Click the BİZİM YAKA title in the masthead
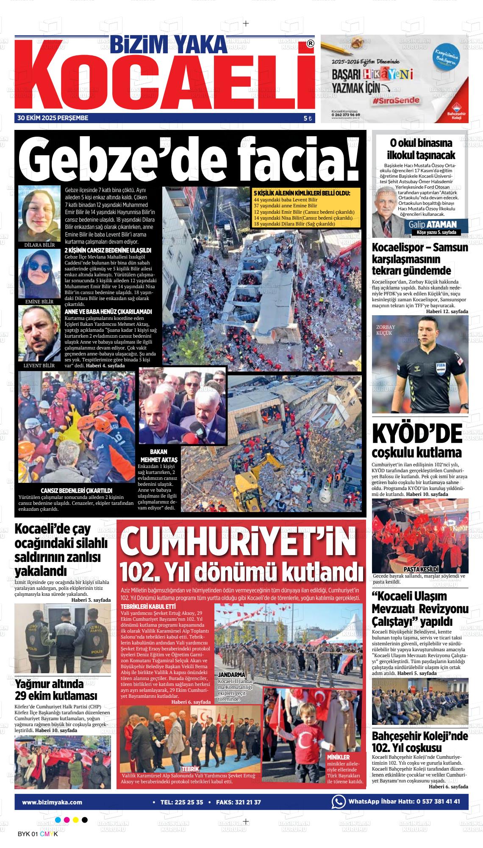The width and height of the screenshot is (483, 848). pos(169,44)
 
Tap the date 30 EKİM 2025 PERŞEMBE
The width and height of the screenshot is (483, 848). pos(53,118)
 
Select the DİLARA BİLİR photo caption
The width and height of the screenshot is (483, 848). pos(39,245)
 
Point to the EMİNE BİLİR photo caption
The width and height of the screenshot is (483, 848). pos(39,301)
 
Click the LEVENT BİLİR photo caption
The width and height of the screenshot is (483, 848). pos(39,365)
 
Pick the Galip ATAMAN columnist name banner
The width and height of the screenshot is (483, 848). pos(433,224)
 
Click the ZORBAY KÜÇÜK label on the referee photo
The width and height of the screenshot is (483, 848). pos(386,330)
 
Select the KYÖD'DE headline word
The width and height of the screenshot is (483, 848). pos(417,434)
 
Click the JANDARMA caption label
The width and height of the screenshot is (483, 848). pos(231,686)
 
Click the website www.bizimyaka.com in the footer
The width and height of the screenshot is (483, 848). pos(52,802)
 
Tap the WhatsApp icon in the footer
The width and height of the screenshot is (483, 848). pos(338,801)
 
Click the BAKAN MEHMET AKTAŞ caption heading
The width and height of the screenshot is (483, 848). pos(159,456)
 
